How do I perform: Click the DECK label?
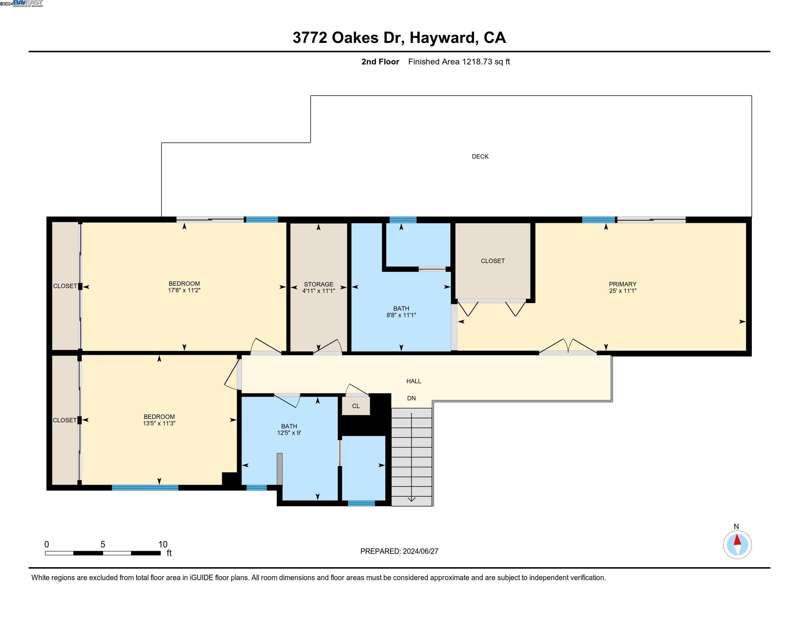pyautogui.click(x=480, y=156)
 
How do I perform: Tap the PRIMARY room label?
pyautogui.click(x=622, y=284)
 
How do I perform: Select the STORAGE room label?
pyautogui.click(x=318, y=284)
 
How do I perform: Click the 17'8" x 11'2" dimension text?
pyautogui.click(x=184, y=290)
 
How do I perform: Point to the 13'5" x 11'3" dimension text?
pyautogui.click(x=159, y=423)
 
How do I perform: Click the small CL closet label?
pyautogui.click(x=356, y=406)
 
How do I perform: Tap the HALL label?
pyautogui.click(x=414, y=381)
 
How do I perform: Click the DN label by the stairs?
pyautogui.click(x=411, y=398)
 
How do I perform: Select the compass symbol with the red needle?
pyautogui.click(x=737, y=545)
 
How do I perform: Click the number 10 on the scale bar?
pyautogui.click(x=162, y=545)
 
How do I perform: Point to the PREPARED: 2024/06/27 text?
pyautogui.click(x=399, y=551)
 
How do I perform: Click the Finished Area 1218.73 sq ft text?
pyautogui.click(x=459, y=61)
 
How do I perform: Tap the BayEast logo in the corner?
pyautogui.click(x=28, y=3)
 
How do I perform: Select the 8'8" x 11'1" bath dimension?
pyautogui.click(x=401, y=315)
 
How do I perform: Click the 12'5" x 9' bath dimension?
pyautogui.click(x=289, y=433)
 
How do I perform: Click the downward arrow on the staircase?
pyautogui.click(x=411, y=499)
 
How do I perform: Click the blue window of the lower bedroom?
pyautogui.click(x=145, y=487)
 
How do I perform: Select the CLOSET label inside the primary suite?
pyautogui.click(x=492, y=261)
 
